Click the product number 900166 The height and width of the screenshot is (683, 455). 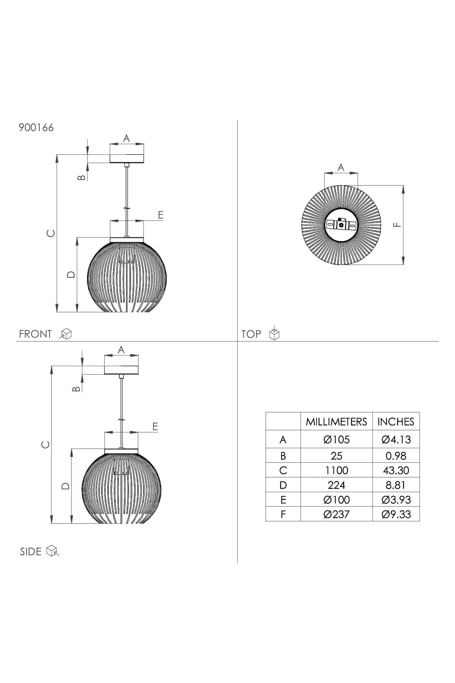point(36,127)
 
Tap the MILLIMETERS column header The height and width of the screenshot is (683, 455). point(336,422)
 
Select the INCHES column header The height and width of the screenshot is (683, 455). point(396,422)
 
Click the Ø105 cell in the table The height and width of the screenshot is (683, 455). point(336,440)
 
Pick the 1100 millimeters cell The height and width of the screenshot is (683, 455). point(336,470)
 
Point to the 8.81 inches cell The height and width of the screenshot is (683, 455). point(396,485)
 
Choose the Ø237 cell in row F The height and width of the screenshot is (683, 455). point(336,514)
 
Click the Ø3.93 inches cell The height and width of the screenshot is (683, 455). point(396,500)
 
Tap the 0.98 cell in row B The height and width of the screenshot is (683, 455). point(396,456)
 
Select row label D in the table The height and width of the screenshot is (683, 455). point(283,485)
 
